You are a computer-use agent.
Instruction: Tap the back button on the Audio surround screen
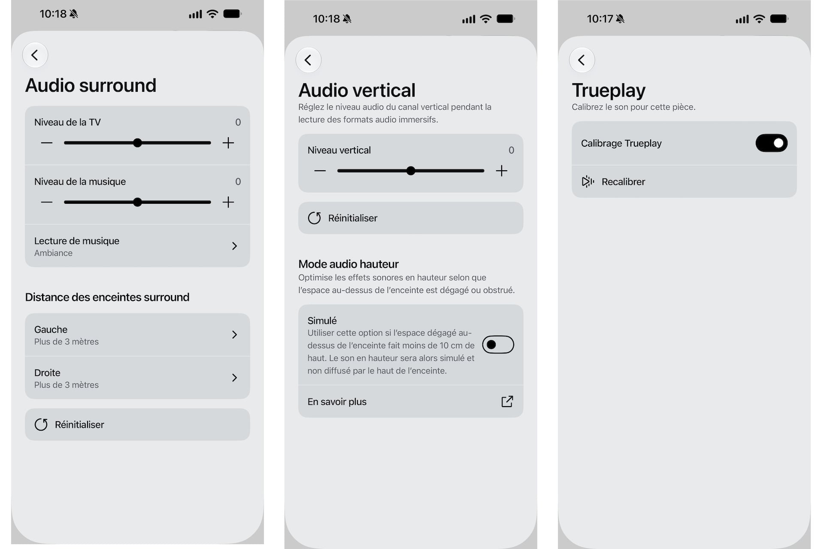(35, 55)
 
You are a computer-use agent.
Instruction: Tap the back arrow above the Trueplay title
(582, 60)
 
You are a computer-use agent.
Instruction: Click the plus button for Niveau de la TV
(228, 143)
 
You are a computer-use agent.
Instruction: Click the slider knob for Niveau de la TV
(137, 143)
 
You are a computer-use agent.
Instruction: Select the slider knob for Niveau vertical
(411, 171)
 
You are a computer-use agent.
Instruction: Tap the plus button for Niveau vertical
(501, 171)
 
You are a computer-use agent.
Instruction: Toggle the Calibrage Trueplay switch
(771, 143)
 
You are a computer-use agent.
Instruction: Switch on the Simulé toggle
(498, 344)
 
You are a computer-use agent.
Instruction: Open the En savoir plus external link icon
(507, 401)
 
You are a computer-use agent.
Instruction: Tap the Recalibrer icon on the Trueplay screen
(588, 181)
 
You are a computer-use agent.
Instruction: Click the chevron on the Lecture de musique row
(234, 246)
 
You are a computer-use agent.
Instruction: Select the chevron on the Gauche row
(234, 335)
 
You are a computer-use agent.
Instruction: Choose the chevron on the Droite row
(234, 377)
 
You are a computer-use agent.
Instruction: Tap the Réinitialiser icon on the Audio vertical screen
(314, 218)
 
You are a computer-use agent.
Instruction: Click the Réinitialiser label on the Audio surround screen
(79, 425)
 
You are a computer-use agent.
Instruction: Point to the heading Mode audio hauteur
(348, 264)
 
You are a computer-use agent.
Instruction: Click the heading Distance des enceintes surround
(107, 297)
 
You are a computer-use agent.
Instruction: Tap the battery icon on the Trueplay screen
(779, 19)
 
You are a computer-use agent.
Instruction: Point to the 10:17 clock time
(600, 19)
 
